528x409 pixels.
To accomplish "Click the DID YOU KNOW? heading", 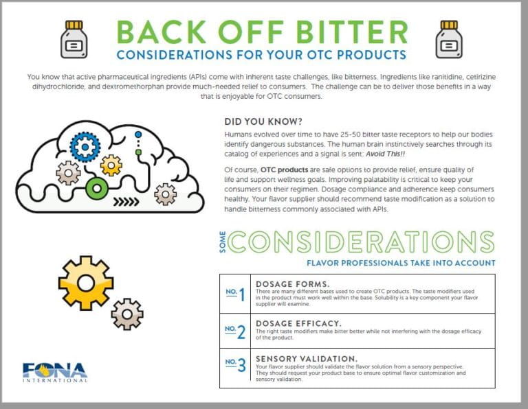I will point(252,119).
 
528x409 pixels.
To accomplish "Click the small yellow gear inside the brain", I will point(111,165).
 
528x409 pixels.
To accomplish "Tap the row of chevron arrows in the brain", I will point(126,202).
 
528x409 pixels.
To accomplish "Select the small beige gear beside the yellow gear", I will point(127,314).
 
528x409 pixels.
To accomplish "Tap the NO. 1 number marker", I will point(236,294).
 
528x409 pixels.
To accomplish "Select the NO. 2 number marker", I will point(236,331).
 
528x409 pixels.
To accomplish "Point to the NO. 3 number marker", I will point(236,366).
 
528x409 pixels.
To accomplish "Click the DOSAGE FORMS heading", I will point(292,283).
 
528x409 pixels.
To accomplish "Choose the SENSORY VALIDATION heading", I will point(306,358).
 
